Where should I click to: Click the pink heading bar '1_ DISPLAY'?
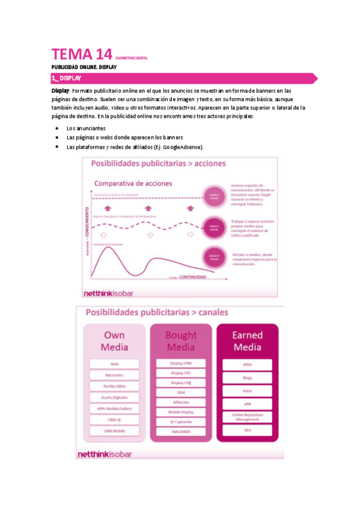[x=180, y=78]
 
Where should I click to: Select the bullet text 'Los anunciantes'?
[x=86, y=128]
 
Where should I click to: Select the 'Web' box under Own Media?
[x=114, y=364]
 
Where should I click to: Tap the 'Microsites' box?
[x=114, y=375]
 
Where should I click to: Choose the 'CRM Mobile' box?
[x=114, y=431]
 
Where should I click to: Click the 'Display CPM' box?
[x=180, y=363]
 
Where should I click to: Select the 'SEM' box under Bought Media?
[x=180, y=392]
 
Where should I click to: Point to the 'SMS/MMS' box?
[x=180, y=431]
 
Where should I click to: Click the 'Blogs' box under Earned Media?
[x=247, y=378]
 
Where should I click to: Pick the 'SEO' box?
[x=247, y=431]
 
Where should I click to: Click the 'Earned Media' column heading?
[x=247, y=340]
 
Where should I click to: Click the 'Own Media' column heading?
[x=114, y=340]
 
